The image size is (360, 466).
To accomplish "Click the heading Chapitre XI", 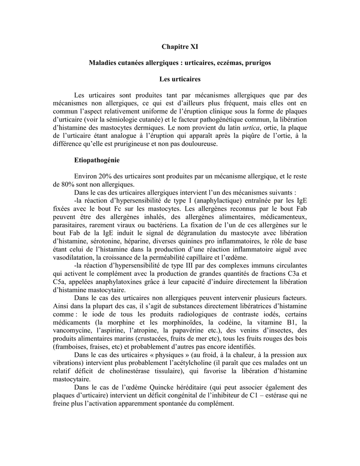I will click(x=180, y=46).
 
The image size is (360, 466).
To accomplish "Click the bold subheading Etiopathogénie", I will click(x=96, y=161).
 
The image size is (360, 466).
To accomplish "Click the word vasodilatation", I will click(x=74, y=258).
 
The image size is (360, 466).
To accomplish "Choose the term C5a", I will click(x=60, y=282).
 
